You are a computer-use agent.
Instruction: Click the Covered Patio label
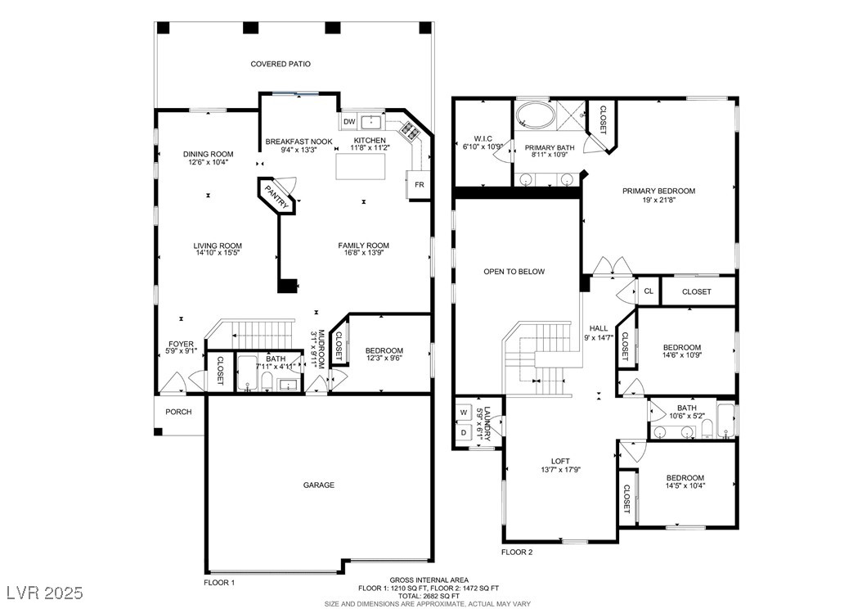coord(281,64)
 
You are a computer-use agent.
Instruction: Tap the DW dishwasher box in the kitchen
coord(349,122)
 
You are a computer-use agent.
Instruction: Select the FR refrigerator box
coord(419,185)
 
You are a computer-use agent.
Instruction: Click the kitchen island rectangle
coord(361,166)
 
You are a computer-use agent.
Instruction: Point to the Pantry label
coord(277,196)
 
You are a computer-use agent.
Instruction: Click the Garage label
coord(319,485)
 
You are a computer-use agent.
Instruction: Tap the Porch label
coord(178,412)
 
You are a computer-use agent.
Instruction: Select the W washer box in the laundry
coord(464,412)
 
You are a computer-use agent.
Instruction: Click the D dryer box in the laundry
coord(464,433)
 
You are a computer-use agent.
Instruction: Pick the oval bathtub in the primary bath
coord(536,115)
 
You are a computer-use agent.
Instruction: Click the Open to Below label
coord(514,271)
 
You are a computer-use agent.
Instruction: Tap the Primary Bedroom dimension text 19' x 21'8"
coord(658,200)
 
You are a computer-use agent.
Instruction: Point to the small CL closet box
coord(649,291)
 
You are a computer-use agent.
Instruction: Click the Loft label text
coord(561,461)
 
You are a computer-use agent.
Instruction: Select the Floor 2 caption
coord(518,553)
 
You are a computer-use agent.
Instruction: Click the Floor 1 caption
coord(219,582)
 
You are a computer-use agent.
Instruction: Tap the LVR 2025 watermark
coord(45,593)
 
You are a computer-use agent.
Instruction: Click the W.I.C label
coord(483,138)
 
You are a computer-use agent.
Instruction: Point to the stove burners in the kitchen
coord(410,130)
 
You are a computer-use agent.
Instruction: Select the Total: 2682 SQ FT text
coord(429,596)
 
